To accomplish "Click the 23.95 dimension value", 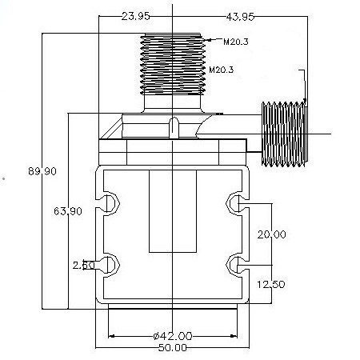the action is coord(135,17).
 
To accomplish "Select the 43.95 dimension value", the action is coord(240,17).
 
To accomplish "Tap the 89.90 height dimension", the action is coord(42,171).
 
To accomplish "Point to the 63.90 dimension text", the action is coord(68,211).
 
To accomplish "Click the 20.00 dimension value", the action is coord(271,234).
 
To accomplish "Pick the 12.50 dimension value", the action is coord(271,284).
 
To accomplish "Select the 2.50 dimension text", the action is coord(83,265).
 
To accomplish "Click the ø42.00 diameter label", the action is coord(173,336).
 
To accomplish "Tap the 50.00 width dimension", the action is coord(173,348).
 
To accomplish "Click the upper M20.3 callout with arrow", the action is coord(227,42).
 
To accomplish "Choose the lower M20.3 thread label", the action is coord(222,70).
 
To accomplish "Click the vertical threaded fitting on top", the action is coord(173,64).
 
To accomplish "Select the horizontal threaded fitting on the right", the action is coord(285,134).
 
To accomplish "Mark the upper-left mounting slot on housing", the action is coord(107,203).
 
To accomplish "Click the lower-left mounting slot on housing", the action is coord(107,266).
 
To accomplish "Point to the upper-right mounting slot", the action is coord(238,203).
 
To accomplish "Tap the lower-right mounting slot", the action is coord(238,266).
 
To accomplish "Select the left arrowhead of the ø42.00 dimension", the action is coord(111,336).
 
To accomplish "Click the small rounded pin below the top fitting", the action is coord(174,127).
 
